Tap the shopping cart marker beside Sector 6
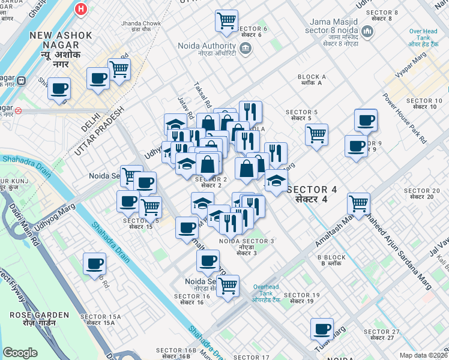[x=226, y=21]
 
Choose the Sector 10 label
[x=427, y=103]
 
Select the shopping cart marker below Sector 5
[x=316, y=134]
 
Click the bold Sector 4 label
[x=311, y=193]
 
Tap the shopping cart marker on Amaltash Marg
[x=358, y=203]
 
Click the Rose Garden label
[x=32, y=317]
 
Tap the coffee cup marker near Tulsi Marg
[x=322, y=329]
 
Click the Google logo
[x=20, y=352]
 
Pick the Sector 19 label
[x=299, y=298]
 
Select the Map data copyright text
[x=423, y=355]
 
